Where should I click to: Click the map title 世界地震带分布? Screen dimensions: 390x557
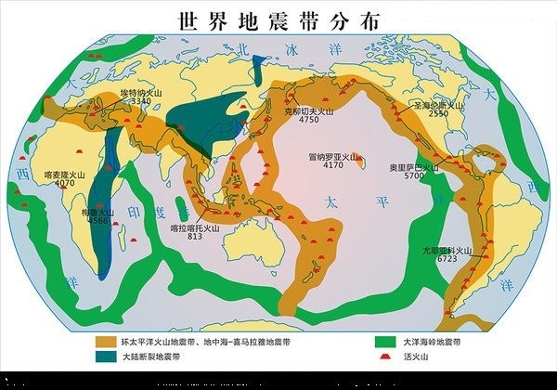click(278, 20)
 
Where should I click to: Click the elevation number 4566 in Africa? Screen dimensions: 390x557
click(97, 221)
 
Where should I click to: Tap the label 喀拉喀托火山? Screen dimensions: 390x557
click(196, 227)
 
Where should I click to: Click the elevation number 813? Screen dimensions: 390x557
click(195, 237)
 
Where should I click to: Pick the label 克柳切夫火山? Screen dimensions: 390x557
click(308, 110)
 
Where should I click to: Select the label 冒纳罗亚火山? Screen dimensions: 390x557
click(330, 157)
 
